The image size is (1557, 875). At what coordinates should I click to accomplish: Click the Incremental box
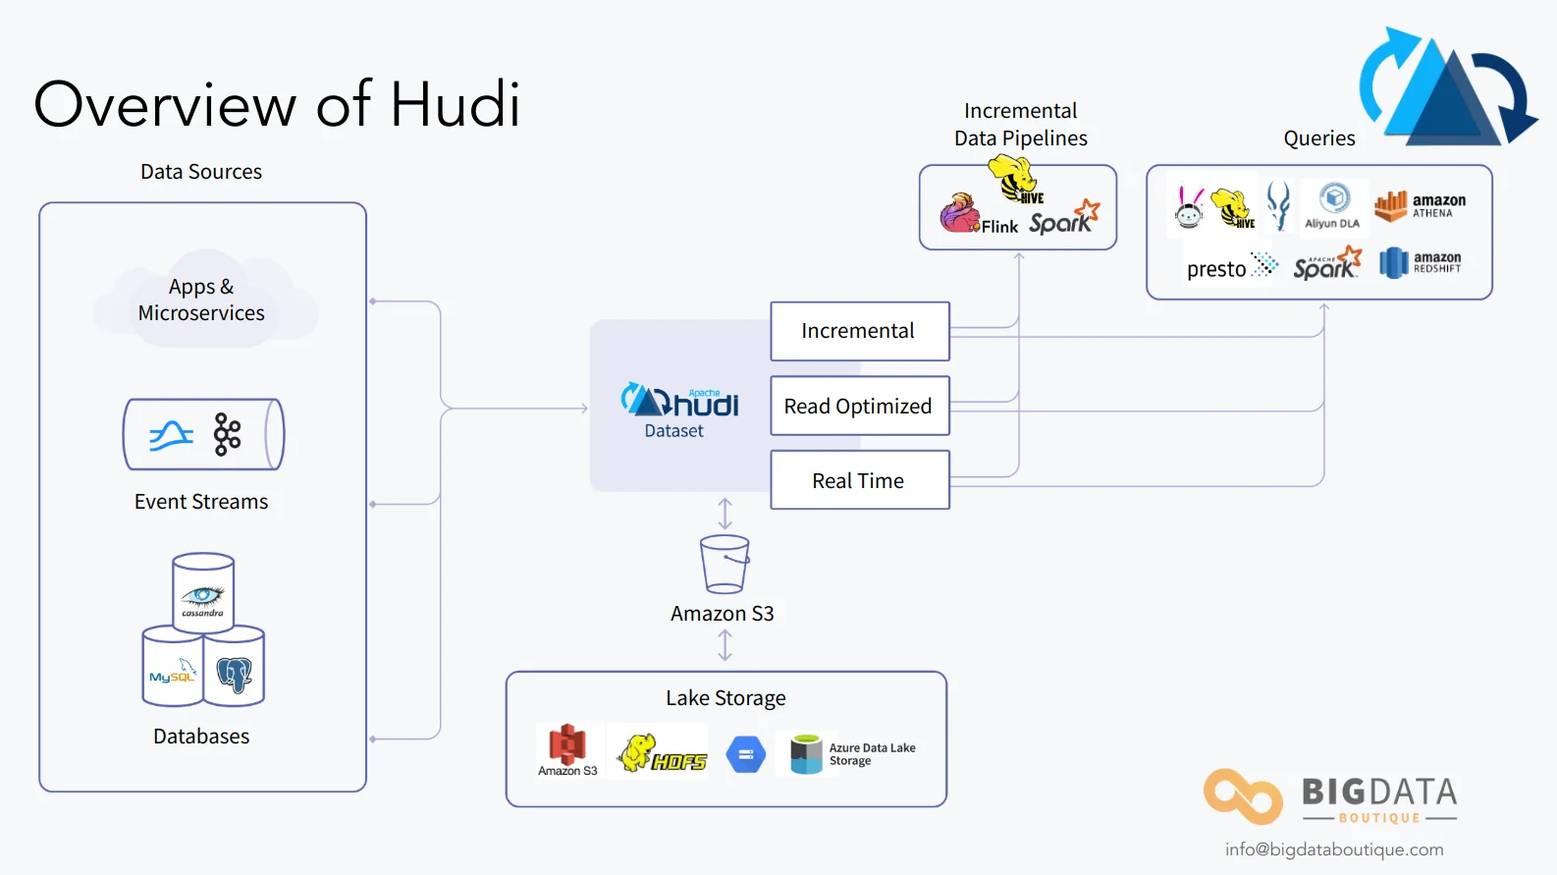click(859, 331)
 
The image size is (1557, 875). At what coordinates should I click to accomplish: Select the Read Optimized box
click(859, 406)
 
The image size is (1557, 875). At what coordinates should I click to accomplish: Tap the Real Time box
click(859, 480)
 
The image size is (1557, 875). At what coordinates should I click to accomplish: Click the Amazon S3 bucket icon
click(725, 564)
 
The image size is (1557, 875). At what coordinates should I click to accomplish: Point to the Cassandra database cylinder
click(203, 592)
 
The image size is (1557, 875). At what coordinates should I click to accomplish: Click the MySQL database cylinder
click(172, 669)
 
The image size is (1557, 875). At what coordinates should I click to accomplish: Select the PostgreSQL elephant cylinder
click(235, 669)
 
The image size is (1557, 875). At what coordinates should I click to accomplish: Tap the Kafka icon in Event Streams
click(227, 434)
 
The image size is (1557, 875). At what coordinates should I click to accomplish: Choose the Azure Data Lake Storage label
click(872, 754)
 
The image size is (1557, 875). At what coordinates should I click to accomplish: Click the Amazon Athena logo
click(1420, 206)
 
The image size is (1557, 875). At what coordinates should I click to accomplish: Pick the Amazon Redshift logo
click(1420, 262)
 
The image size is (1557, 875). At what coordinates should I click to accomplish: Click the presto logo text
click(1217, 269)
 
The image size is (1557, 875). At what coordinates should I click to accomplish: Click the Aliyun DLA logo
click(1333, 206)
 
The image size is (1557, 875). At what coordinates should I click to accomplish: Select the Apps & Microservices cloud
click(202, 300)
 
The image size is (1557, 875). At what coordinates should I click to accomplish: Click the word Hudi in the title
click(455, 104)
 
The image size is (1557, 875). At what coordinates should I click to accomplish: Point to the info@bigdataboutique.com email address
click(1333, 849)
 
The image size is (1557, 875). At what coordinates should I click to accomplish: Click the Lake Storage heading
click(725, 698)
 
